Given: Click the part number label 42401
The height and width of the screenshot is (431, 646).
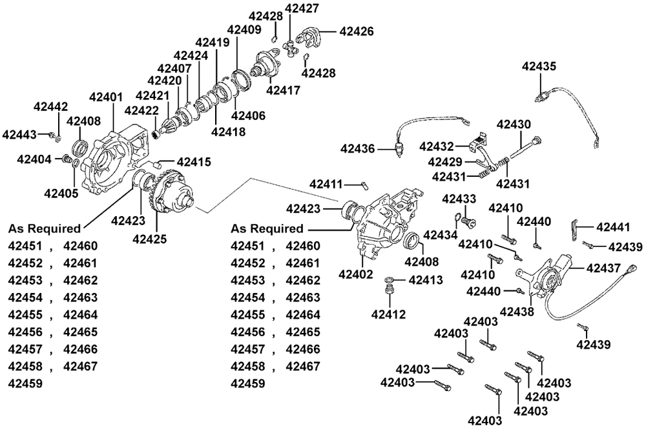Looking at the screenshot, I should pos(105,97).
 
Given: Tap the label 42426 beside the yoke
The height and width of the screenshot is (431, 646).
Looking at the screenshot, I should pos(356,30).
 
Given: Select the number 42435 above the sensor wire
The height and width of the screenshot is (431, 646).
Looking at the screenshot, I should pos(539,66).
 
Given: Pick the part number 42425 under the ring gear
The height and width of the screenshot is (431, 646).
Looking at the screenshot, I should pos(149,238).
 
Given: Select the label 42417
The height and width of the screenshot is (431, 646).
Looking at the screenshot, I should pos(283,90).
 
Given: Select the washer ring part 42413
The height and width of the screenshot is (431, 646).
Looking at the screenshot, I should pos(390,280).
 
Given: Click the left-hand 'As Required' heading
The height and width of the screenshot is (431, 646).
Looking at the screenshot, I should pos(45,228).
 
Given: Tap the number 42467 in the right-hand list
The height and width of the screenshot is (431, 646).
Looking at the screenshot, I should pos(303,366).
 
